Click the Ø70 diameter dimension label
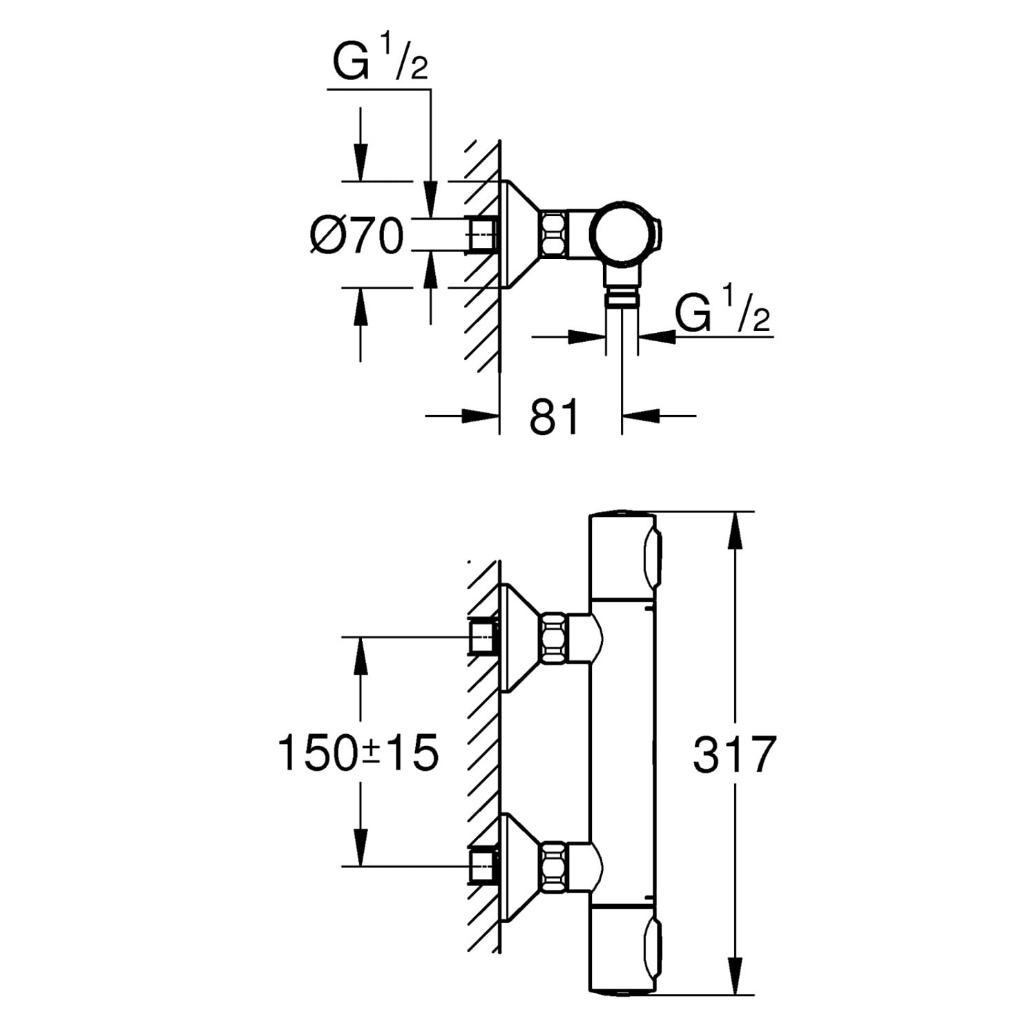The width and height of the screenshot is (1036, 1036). click(356, 236)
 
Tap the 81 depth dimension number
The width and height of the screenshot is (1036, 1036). click(555, 417)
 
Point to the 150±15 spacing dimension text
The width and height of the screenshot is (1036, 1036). click(358, 753)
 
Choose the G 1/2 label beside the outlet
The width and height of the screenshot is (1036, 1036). click(722, 314)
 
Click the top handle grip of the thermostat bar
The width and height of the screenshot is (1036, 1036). click(651, 556)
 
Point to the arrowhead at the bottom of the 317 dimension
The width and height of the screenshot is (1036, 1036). click(736, 979)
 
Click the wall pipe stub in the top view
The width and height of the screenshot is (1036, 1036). click(483, 234)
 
